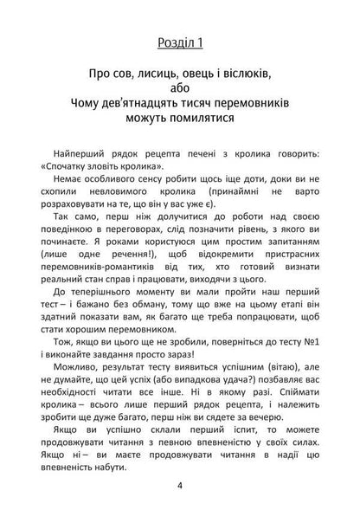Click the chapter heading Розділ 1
(x=180, y=42)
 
